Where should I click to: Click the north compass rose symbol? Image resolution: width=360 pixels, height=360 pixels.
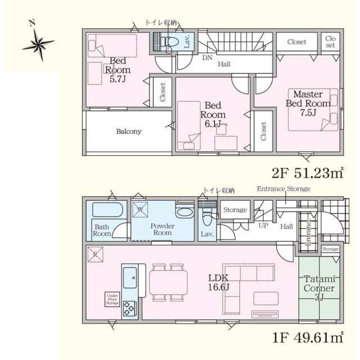38,43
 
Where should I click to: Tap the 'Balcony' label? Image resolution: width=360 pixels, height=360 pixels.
129,132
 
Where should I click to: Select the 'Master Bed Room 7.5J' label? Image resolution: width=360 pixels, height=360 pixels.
307,103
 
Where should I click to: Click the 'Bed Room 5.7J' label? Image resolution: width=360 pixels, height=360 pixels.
118,70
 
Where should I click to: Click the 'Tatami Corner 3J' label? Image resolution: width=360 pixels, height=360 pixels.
319,289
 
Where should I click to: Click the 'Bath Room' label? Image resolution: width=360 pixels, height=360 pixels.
102,229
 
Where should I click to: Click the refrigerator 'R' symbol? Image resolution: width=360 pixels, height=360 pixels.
94,255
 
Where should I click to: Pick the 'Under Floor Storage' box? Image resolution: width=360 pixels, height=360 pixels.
111,299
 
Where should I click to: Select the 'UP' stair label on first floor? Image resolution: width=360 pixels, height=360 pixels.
263,226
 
